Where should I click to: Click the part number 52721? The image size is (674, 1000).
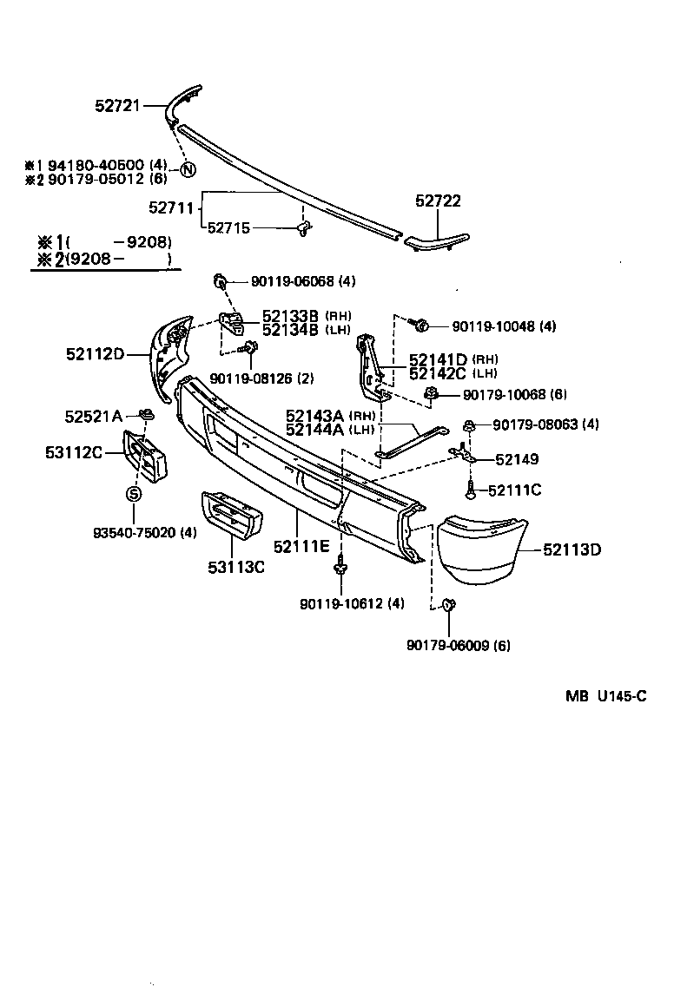117,106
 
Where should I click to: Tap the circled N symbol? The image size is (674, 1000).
187,169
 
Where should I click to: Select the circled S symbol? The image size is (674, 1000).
134,494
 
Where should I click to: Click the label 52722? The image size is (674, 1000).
438,201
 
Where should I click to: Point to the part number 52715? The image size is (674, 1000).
229,228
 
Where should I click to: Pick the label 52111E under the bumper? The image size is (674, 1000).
301,546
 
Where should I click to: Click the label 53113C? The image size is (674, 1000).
235,568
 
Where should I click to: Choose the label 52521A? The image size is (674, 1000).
93,416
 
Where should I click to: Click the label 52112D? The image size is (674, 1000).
95,354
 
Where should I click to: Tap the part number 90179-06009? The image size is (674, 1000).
458,645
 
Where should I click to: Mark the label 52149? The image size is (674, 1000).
518,459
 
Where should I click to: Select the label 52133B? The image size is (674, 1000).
291,316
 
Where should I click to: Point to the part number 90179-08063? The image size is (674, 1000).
545,424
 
